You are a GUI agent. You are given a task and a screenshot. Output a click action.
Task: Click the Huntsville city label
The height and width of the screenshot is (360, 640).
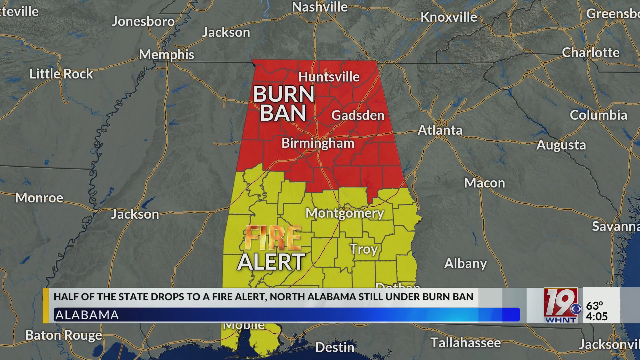tap(329, 77)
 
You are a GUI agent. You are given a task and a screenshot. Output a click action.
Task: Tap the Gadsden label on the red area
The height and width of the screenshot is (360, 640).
tap(358, 115)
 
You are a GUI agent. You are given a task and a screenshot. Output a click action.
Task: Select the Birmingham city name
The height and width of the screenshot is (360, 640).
tap(318, 143)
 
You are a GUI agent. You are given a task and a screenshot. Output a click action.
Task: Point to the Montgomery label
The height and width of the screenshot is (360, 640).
tap(345, 213)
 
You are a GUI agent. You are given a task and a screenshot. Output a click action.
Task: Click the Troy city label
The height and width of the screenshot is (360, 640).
tap(364, 249)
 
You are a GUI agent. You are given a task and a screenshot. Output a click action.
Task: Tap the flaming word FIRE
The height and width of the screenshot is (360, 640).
tap(273, 238)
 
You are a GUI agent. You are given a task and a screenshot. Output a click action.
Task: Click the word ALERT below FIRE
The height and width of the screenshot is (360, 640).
tap(271, 262)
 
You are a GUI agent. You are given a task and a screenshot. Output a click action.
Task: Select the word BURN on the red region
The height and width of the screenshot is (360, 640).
tap(284, 94)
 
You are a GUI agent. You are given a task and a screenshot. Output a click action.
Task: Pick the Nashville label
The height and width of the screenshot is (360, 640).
tap(320, 7)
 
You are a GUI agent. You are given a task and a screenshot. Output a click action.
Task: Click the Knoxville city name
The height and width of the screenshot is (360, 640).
tap(449, 17)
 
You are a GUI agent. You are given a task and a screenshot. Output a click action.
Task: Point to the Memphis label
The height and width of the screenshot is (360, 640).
tap(166, 55)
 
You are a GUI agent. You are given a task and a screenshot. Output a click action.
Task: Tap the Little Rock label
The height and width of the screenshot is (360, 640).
tap(61, 74)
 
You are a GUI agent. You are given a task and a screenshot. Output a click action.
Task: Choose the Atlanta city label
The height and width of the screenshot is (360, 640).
tap(440, 130)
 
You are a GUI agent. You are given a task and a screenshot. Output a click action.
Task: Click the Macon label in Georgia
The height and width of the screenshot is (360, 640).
tap(484, 183)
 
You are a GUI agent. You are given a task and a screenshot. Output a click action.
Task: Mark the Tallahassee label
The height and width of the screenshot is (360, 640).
tap(465, 343)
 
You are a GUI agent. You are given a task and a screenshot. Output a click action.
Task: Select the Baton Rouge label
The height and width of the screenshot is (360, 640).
tap(63, 335)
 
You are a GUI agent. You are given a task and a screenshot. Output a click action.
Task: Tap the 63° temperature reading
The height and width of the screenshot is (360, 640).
tap(595, 305)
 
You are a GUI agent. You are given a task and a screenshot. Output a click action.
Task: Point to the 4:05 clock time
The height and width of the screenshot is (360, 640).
tap(597, 316)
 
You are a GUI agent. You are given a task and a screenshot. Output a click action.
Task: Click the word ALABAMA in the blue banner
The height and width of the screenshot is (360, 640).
tap(87, 315)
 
